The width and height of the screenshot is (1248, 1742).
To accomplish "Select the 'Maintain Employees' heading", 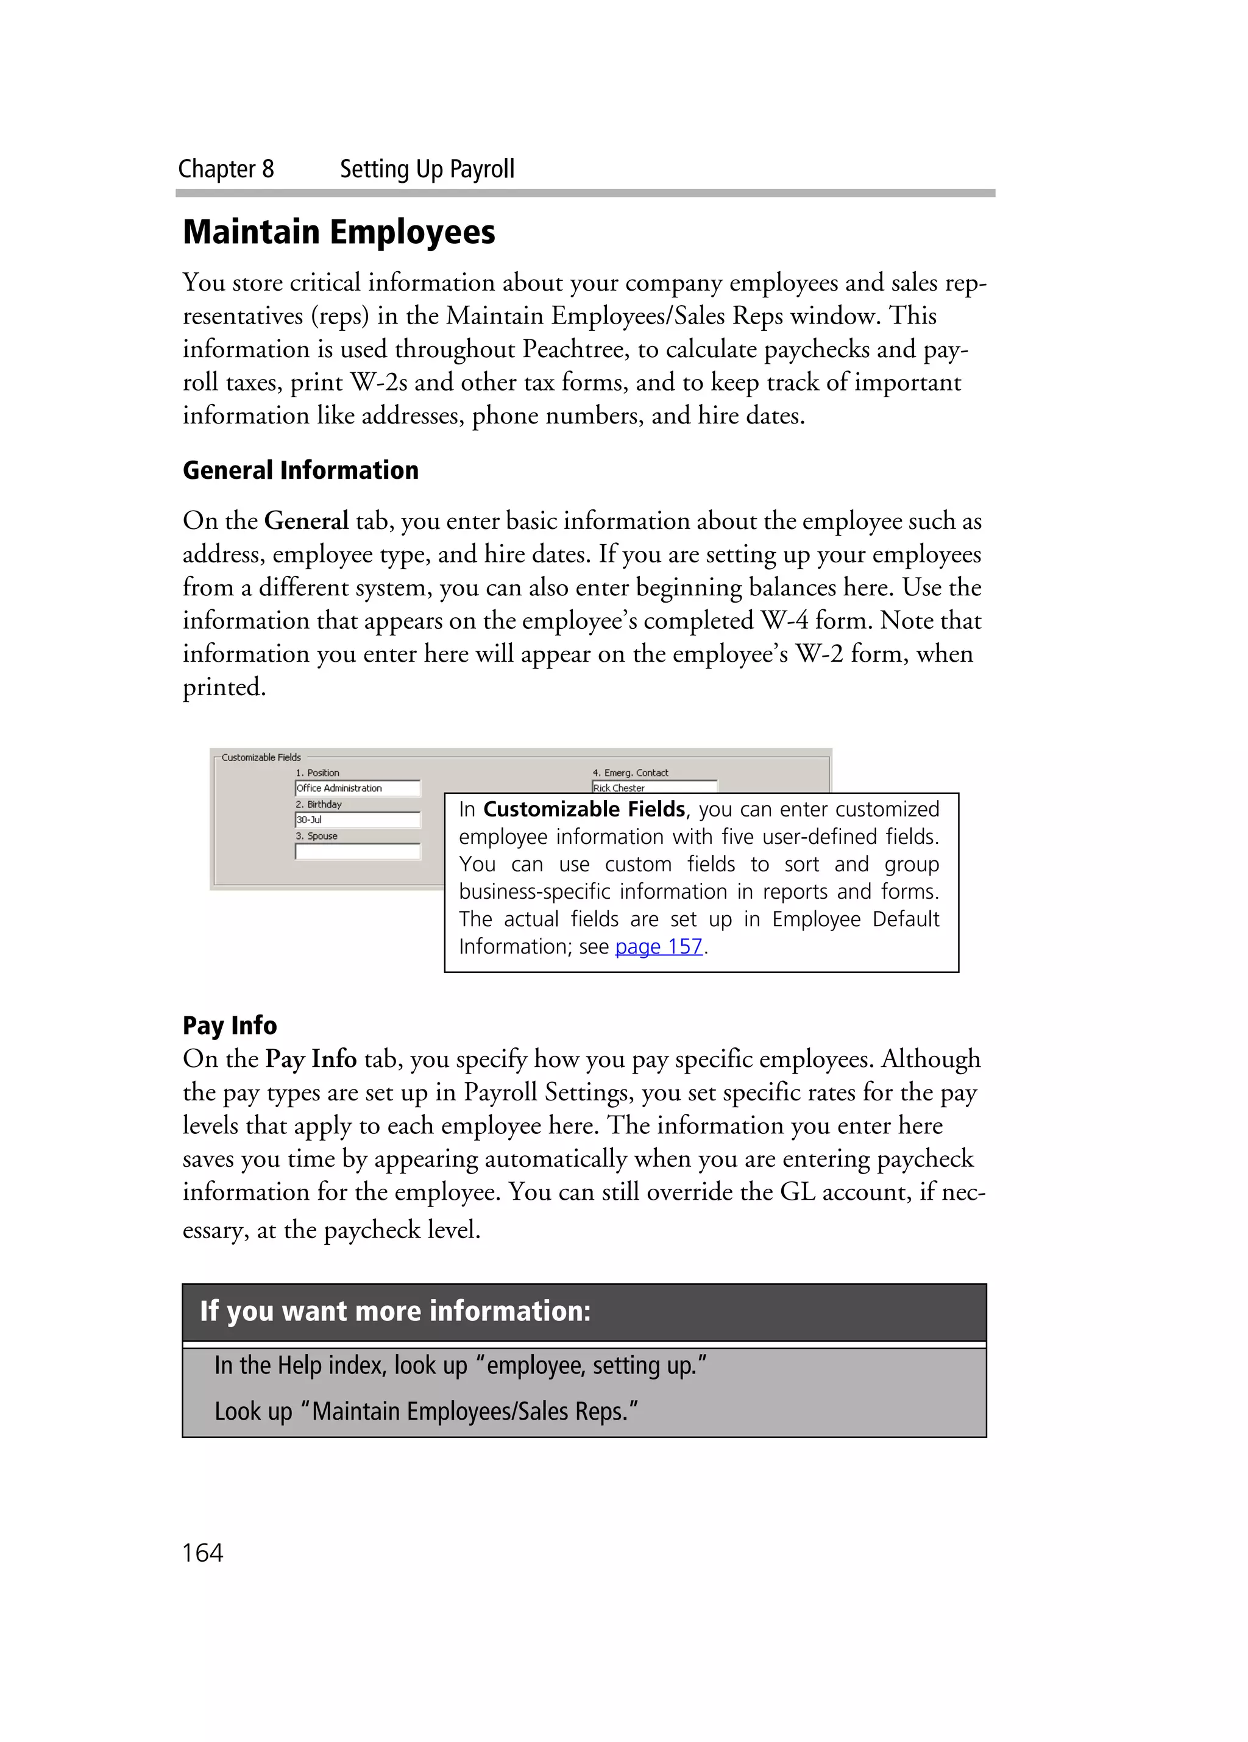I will coord(339,232).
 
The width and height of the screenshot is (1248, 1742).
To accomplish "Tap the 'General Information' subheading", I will coord(300,470).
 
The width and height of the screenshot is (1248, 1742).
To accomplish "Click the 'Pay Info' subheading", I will coord(229,1025).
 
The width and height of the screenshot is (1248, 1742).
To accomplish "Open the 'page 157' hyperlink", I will coord(658,946).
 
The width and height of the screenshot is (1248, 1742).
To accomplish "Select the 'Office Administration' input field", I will coord(357,788).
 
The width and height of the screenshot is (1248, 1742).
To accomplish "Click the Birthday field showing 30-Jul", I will coord(357,820).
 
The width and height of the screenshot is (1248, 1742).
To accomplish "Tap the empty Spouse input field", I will coord(357,851).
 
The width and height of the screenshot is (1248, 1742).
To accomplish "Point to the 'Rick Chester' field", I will coord(653,787).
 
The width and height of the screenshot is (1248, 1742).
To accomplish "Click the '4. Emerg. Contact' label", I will coord(629,773).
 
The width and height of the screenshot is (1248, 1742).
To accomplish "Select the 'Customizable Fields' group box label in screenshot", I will coord(261,757).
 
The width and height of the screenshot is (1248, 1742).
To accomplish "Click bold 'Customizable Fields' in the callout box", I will coord(584,810).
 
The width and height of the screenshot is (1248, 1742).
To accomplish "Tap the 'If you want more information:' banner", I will coord(395,1311).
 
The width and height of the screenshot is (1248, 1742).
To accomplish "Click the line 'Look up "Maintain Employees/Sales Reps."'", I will coord(426,1411).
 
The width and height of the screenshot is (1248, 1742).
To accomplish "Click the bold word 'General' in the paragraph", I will coord(306,521).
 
